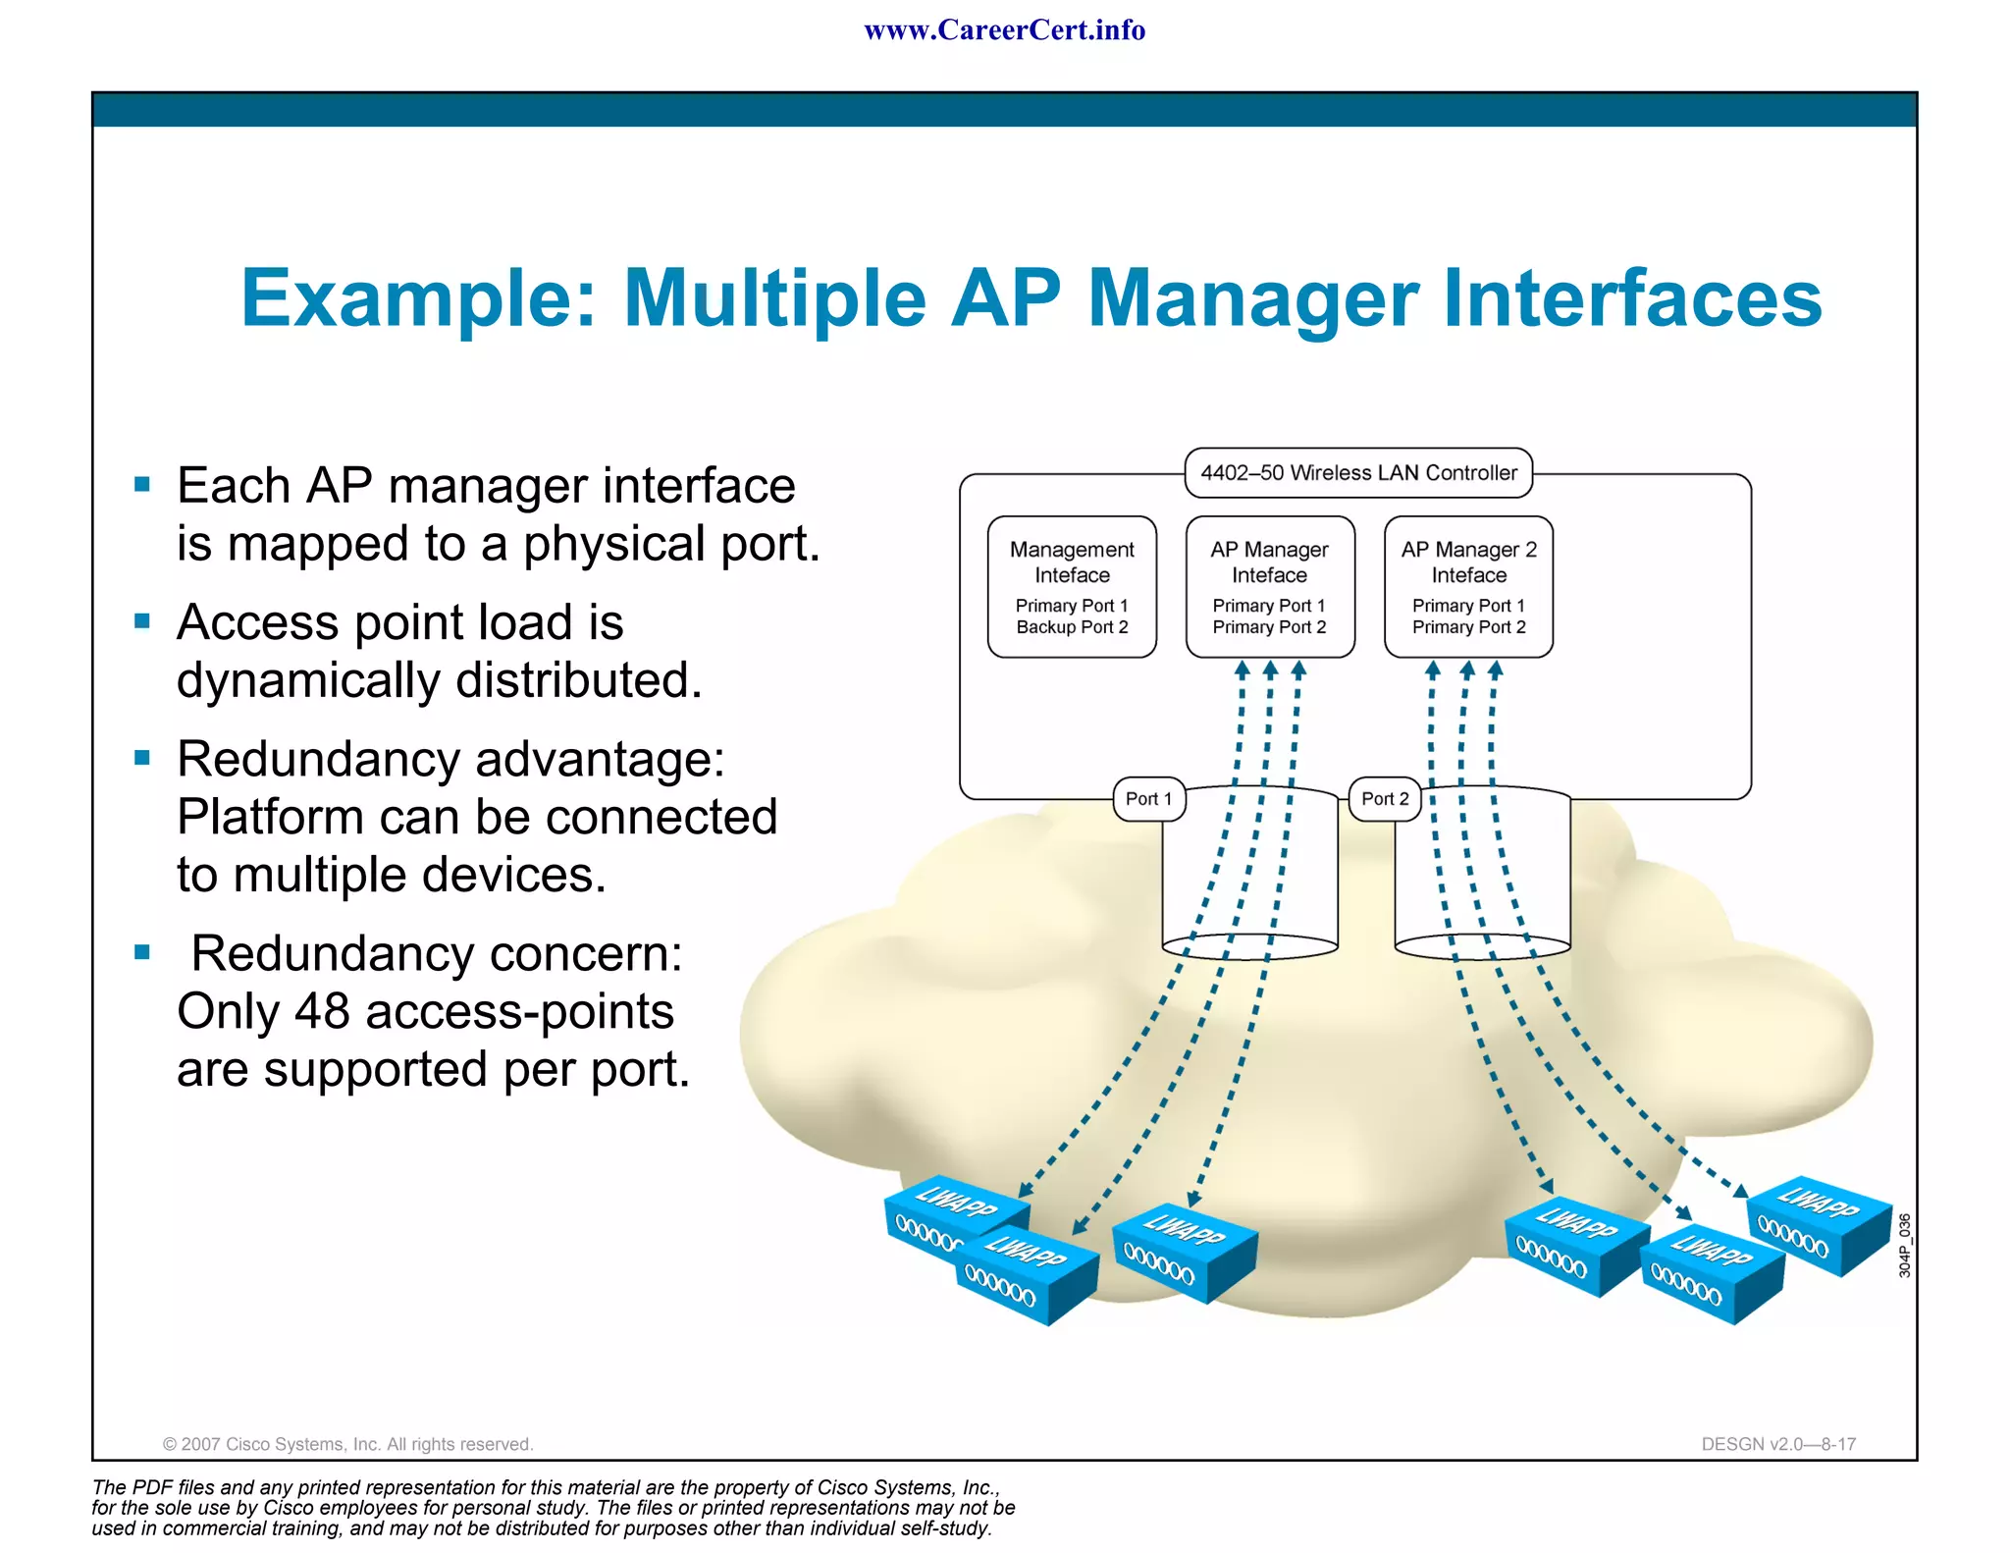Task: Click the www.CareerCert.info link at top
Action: pos(1004,30)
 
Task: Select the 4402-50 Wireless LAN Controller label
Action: pos(1358,473)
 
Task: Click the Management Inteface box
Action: pos(1072,586)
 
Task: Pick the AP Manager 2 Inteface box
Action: pos(1468,586)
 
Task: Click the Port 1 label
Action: pos(1148,799)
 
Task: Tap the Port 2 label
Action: pos(1385,799)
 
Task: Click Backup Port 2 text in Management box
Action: pos(1072,627)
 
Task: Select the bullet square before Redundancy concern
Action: pos(142,952)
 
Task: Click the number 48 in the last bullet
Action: pos(322,1011)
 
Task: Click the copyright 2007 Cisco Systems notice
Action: pos(347,1444)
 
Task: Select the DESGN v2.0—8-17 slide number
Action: pos(1778,1444)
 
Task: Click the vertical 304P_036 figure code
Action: pos(1904,1245)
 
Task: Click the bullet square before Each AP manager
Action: pos(142,484)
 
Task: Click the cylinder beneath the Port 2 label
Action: pos(1482,874)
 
